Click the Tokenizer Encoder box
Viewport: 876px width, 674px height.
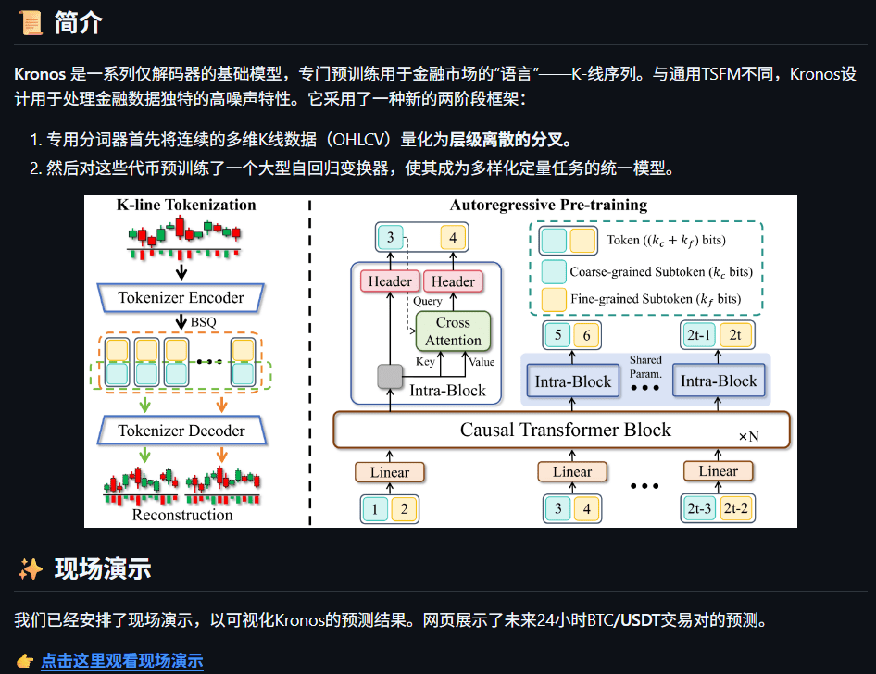pyautogui.click(x=181, y=298)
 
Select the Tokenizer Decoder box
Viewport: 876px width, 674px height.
pyautogui.click(x=181, y=431)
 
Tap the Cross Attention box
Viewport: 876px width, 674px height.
pyautogui.click(x=453, y=331)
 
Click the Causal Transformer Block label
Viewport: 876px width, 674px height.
pyautogui.click(x=565, y=430)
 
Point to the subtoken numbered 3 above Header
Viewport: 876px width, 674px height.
pyautogui.click(x=391, y=238)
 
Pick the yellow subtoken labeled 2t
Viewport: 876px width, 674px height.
pyautogui.click(x=735, y=335)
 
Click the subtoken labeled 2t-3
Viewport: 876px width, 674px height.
pyautogui.click(x=700, y=507)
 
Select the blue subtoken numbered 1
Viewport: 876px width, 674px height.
pyautogui.click(x=375, y=507)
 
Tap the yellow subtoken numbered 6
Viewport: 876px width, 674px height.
pyautogui.click(x=587, y=335)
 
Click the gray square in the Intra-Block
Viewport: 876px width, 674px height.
pyautogui.click(x=390, y=376)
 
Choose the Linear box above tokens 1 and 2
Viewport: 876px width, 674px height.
pyautogui.click(x=390, y=471)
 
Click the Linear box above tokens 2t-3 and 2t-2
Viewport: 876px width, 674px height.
pyautogui.click(x=718, y=471)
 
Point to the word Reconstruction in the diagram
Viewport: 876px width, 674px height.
pyautogui.click(x=182, y=515)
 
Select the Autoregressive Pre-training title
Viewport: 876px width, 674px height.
pyautogui.click(x=548, y=205)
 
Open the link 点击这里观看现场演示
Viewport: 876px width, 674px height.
pyautogui.click(x=121, y=661)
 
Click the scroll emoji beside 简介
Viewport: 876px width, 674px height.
pyautogui.click(x=31, y=23)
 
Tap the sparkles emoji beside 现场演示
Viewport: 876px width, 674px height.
pyautogui.click(x=31, y=568)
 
